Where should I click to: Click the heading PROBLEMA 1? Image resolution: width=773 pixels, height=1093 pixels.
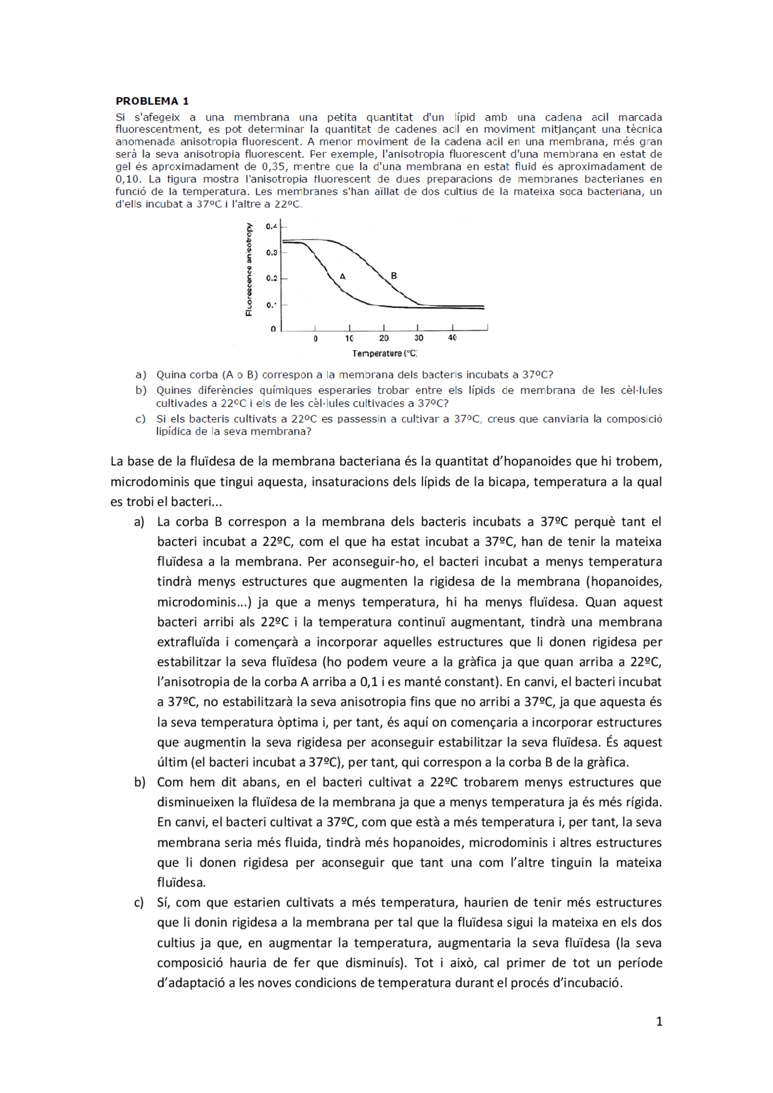(x=152, y=101)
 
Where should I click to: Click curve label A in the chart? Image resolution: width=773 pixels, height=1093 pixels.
(x=342, y=276)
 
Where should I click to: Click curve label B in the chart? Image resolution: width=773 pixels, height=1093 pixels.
(x=394, y=275)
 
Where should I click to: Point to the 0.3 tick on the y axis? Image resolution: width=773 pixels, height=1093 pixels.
(x=271, y=252)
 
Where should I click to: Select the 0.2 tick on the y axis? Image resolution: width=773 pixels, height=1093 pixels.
(x=271, y=278)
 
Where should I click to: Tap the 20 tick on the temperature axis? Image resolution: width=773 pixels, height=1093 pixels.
(x=383, y=338)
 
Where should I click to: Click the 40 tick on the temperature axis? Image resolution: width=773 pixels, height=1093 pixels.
(x=452, y=338)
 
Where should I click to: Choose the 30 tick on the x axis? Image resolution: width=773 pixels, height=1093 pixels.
(x=419, y=338)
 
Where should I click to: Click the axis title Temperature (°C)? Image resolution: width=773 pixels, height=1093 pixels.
(x=385, y=354)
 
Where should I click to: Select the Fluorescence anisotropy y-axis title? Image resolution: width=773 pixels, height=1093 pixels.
(x=248, y=269)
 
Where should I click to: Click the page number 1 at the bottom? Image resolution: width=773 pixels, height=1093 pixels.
(x=659, y=1021)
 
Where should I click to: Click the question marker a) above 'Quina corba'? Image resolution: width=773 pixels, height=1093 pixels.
(x=141, y=375)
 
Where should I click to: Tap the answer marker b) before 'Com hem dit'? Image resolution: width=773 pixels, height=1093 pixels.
(x=140, y=782)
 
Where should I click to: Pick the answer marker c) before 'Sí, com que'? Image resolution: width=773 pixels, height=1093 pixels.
(x=140, y=902)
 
